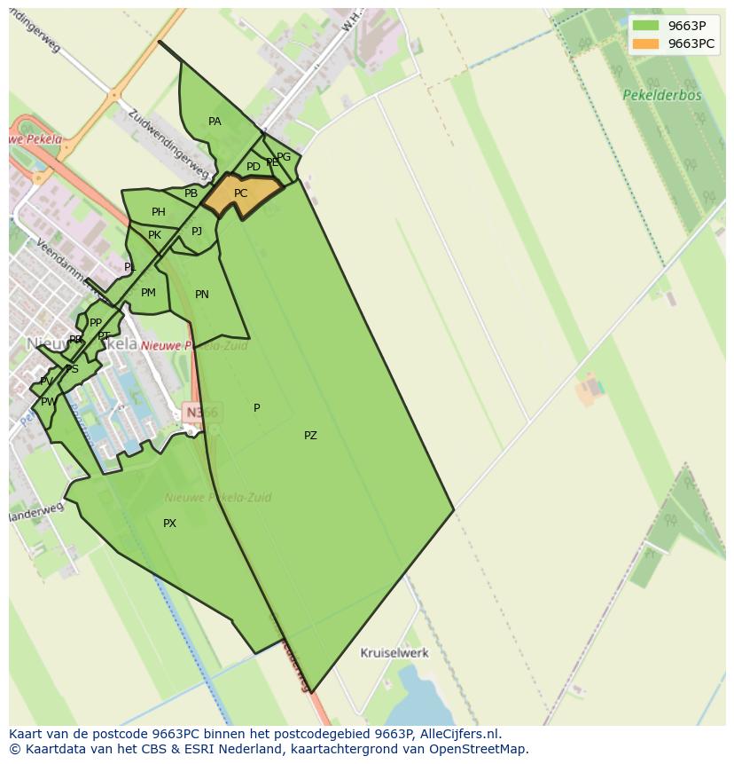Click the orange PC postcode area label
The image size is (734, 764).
tap(240, 193)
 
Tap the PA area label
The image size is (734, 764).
tap(215, 122)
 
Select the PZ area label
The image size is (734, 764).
tap(310, 436)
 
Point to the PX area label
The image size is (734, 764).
tap(169, 524)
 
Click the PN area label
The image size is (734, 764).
tap(202, 295)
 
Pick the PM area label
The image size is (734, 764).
tap(148, 293)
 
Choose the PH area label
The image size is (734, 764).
tap(158, 212)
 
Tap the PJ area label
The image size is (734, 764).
tap(197, 232)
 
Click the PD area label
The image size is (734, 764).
tap(254, 167)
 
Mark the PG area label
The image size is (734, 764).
tap(284, 158)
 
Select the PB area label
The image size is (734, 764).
tap(191, 193)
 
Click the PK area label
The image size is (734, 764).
tap(154, 236)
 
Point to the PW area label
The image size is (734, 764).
tap(49, 402)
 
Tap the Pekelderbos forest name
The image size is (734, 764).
tap(661, 95)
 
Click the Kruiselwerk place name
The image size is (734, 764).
tap(394, 653)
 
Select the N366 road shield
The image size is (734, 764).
tap(201, 412)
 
